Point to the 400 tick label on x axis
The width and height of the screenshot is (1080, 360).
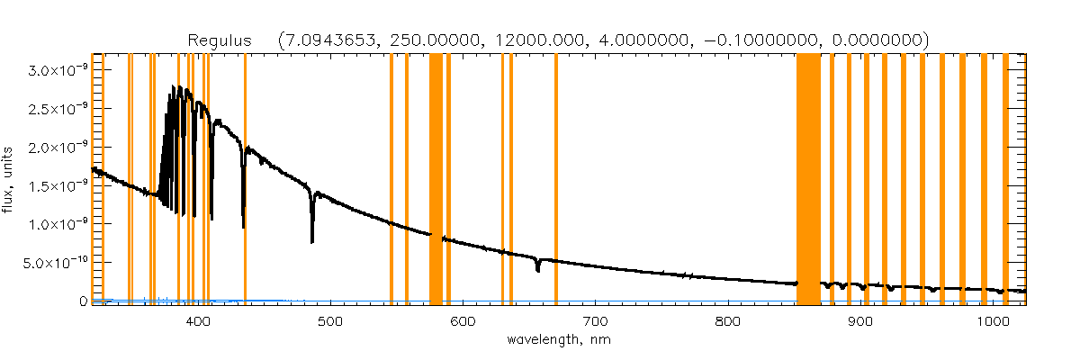pyautogui.click(x=197, y=320)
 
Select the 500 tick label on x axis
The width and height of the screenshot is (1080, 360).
pyautogui.click(x=329, y=320)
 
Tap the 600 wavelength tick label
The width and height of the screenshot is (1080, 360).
pyautogui.click(x=463, y=320)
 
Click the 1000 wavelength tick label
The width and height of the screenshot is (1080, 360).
pyautogui.click(x=993, y=320)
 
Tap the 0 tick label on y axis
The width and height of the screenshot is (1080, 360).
pyautogui.click(x=83, y=301)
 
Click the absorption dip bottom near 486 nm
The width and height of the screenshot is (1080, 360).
pyautogui.click(x=312, y=240)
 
